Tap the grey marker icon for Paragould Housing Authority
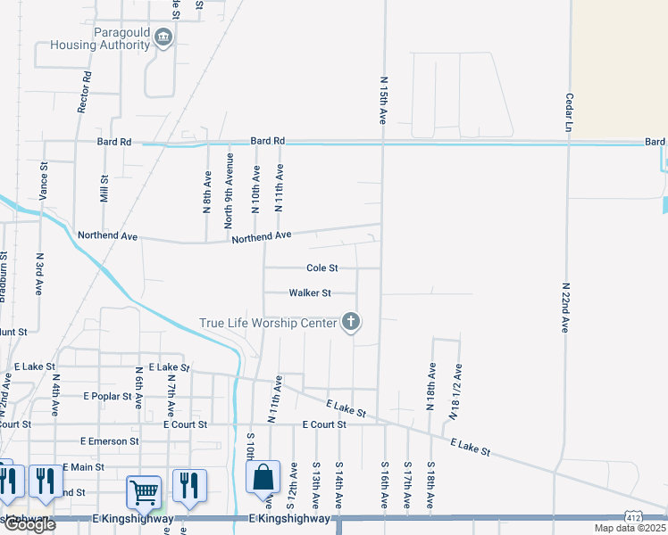(x=163, y=37)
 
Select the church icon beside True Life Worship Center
(x=351, y=322)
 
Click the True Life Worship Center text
(x=267, y=323)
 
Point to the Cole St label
(x=321, y=267)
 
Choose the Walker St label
(x=310, y=292)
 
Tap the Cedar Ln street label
(x=568, y=112)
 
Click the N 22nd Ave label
(x=565, y=309)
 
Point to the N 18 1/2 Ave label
(x=455, y=391)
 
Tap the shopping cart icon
(x=143, y=490)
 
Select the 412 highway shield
(x=631, y=516)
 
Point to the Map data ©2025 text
(x=630, y=528)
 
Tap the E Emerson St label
(x=109, y=440)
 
